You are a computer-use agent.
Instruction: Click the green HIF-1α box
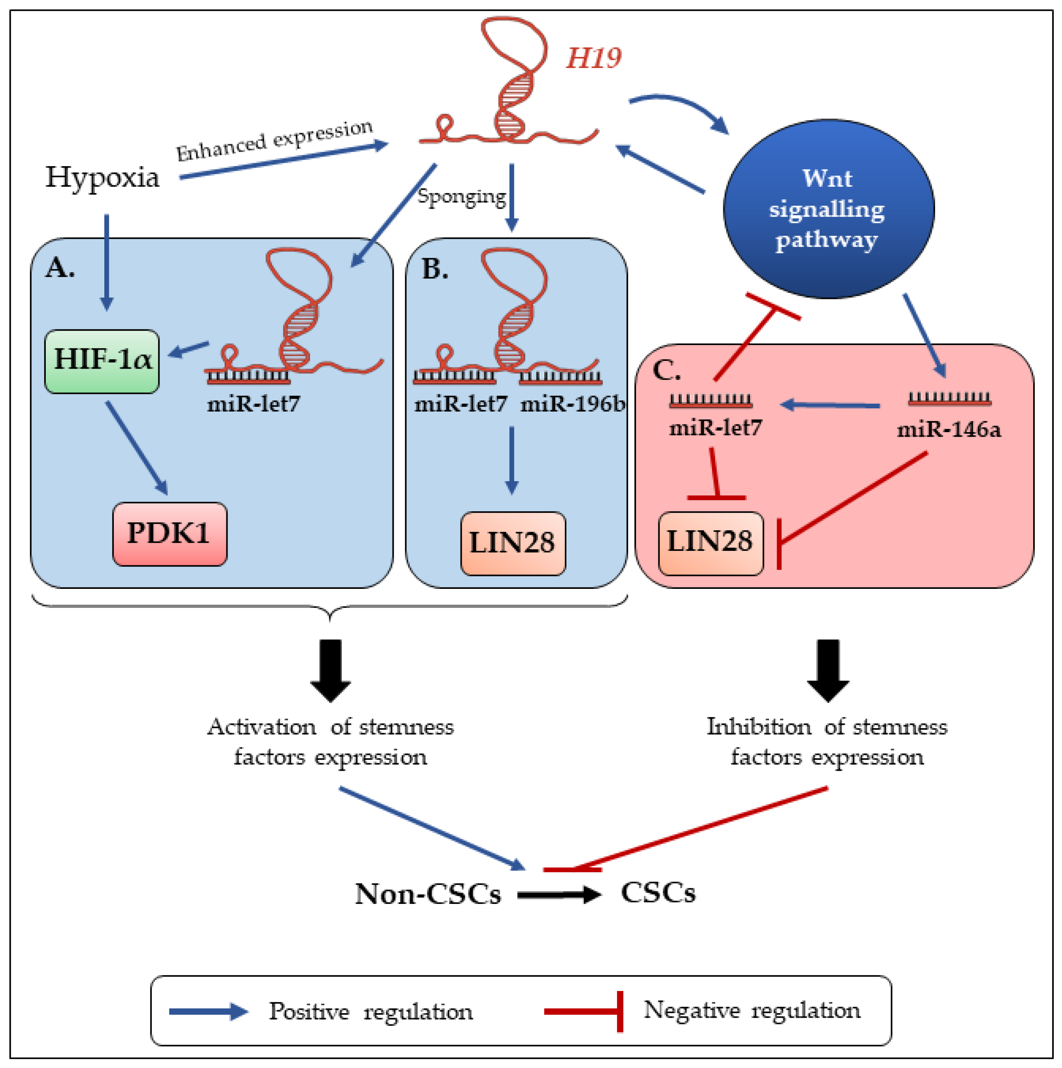pyautogui.click(x=102, y=362)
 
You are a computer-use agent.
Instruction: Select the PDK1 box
pyautogui.click(x=169, y=534)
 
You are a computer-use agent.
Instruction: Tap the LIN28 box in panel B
pyautogui.click(x=513, y=544)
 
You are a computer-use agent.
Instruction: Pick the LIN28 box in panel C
pyautogui.click(x=711, y=544)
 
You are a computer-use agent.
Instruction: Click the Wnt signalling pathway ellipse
pyautogui.click(x=829, y=209)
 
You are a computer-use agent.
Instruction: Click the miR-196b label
pyautogui.click(x=573, y=405)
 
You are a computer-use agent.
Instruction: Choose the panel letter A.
pyautogui.click(x=60, y=268)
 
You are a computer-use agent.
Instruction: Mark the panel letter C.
pyautogui.click(x=666, y=370)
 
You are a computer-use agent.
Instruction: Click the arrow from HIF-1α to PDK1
pyautogui.click(x=136, y=448)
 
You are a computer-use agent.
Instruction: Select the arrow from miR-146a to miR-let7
pyautogui.click(x=830, y=406)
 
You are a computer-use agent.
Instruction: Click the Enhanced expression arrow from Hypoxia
pyautogui.click(x=284, y=160)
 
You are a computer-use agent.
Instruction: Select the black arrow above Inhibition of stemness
pyautogui.click(x=828, y=670)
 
